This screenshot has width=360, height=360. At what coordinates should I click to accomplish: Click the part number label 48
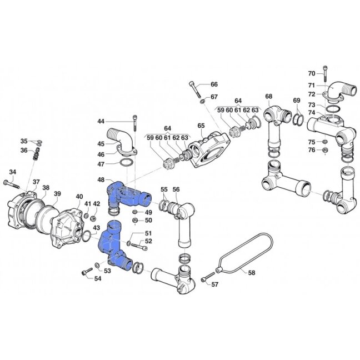click(x=101, y=179)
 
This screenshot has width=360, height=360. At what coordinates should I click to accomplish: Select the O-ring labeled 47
click(x=126, y=163)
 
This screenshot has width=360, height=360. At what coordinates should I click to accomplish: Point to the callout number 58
click(x=252, y=273)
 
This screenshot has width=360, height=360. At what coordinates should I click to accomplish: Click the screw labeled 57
click(x=208, y=277)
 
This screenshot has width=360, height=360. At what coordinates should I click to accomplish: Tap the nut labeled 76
click(x=325, y=151)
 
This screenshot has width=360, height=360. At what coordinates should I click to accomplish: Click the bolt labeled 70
click(x=325, y=73)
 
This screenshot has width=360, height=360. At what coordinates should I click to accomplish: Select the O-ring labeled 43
click(x=86, y=237)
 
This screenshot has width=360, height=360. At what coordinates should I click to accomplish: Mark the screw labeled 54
click(x=87, y=271)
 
